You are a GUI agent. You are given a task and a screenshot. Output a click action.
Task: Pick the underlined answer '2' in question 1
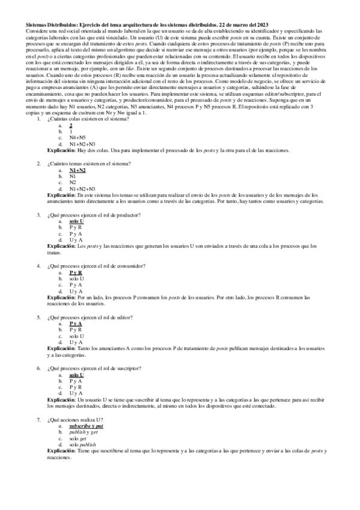pos(71,125)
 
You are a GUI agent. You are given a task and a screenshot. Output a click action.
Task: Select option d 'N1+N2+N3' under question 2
pos(82,188)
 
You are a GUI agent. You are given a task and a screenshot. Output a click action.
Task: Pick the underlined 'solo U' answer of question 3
pos(77,221)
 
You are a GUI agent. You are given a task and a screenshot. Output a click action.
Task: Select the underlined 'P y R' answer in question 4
pos(76,272)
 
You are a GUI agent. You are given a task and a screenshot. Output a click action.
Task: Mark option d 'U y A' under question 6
pos(76,393)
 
